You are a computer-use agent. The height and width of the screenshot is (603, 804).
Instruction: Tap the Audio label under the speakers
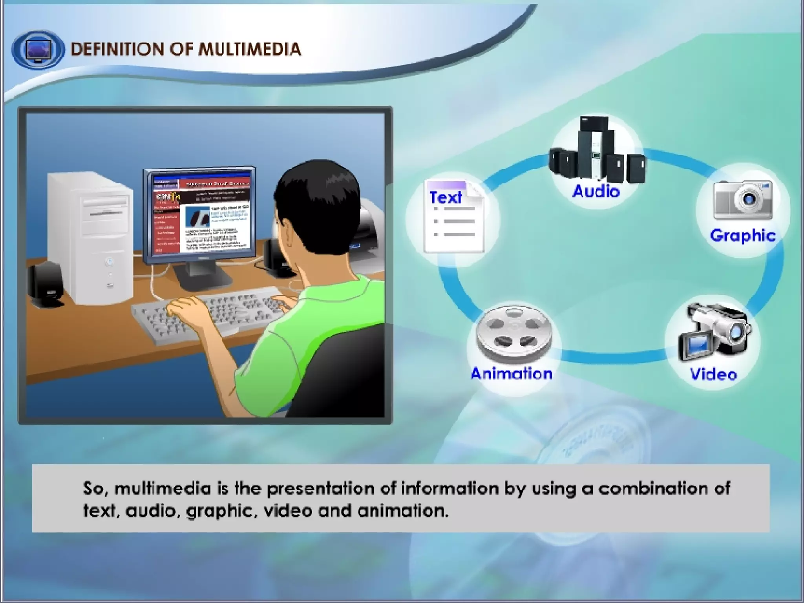[596, 192]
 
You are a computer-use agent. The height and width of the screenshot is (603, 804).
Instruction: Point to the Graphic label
[742, 236]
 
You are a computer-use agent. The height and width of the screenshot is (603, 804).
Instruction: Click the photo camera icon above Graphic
[742, 199]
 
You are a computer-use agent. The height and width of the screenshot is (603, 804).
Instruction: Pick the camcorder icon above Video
[715, 332]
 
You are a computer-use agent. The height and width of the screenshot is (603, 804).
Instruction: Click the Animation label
[511, 374]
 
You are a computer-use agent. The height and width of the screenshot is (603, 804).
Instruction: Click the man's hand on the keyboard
[185, 306]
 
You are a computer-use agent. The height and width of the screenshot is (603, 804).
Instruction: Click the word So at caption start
[93, 488]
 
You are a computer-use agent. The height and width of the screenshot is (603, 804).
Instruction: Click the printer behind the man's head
[367, 228]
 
